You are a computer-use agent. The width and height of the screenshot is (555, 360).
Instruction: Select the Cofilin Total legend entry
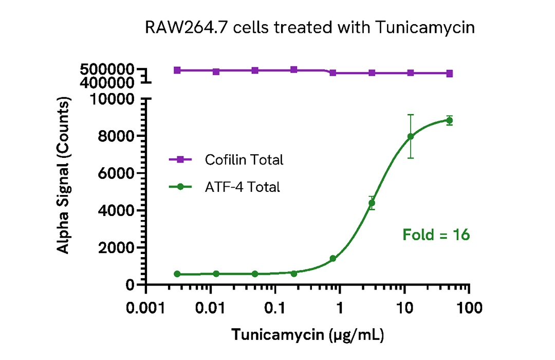click(x=244, y=160)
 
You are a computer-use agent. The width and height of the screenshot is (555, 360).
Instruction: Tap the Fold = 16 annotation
click(x=436, y=235)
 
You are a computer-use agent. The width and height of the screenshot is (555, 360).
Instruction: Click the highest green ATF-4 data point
click(x=449, y=120)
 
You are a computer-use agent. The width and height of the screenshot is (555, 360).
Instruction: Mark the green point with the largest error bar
click(x=411, y=136)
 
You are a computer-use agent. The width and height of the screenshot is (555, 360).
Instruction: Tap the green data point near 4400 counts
click(x=372, y=203)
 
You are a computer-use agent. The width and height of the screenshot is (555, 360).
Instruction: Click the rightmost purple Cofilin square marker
click(x=449, y=74)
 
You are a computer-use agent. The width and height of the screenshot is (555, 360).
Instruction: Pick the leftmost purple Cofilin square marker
click(x=177, y=70)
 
